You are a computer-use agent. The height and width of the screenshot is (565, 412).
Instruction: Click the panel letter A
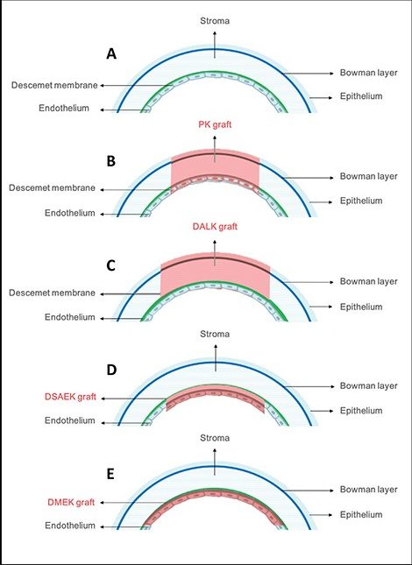(111, 54)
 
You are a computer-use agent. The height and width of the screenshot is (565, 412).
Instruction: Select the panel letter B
(111, 161)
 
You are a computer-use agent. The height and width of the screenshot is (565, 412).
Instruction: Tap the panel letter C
(111, 265)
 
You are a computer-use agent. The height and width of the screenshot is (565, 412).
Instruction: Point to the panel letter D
(111, 370)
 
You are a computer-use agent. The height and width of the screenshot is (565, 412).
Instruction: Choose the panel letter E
(110, 474)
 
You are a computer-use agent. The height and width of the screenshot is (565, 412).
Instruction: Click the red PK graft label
(215, 125)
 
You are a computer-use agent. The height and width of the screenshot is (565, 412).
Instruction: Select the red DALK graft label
(215, 227)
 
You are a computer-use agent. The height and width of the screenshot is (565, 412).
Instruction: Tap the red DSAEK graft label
(70, 397)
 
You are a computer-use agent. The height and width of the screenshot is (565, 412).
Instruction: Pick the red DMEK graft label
(71, 502)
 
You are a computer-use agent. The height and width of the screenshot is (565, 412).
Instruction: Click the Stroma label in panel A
(215, 21)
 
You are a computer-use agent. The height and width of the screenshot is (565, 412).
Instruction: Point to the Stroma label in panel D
(215, 334)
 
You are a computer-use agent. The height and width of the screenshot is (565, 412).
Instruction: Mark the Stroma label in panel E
(215, 438)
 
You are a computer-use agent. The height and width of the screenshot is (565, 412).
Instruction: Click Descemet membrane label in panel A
(54, 85)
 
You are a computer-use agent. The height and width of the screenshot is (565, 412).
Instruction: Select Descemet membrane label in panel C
(52, 293)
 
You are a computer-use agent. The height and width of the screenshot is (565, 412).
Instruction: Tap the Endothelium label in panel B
(70, 213)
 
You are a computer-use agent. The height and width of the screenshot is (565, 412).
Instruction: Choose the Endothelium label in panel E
(70, 526)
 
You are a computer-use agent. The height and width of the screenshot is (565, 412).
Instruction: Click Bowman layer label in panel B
(369, 177)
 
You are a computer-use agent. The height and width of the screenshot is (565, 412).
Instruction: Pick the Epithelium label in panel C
(361, 307)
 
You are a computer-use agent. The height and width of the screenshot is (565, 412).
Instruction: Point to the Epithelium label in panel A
(361, 96)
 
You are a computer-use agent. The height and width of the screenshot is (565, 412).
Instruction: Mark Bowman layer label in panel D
(369, 386)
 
